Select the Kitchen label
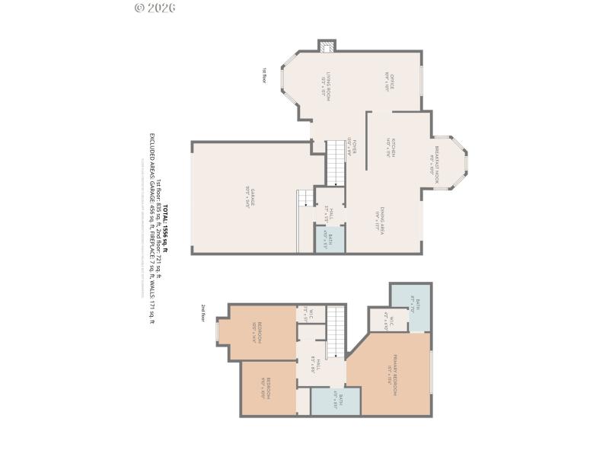(389, 147)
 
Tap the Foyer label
(351, 147)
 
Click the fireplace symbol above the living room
(327, 47)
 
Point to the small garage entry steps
(305, 198)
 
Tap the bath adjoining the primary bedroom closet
(411, 307)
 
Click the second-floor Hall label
(317, 364)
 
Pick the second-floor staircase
(336, 332)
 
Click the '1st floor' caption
(264, 74)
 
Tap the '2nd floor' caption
(203, 313)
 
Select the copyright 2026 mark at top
(155, 8)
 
